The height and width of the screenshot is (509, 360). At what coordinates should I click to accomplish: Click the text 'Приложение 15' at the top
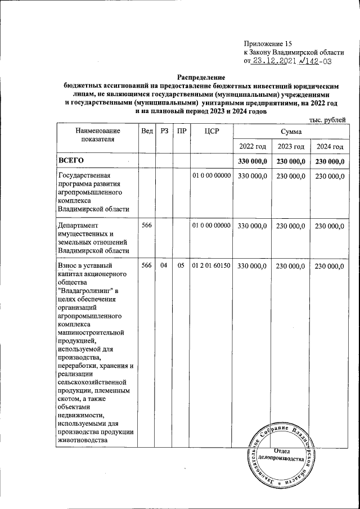[268, 43]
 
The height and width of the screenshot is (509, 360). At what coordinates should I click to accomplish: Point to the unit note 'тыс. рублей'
[328, 119]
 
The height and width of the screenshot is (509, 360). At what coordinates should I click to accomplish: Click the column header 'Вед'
[147, 131]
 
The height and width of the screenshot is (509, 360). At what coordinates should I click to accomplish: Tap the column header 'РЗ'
[164, 131]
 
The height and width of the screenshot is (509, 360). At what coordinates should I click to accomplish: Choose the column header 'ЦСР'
[211, 131]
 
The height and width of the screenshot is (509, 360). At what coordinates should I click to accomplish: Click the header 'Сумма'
[291, 131]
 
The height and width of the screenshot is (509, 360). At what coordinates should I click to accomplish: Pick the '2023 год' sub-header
[291, 146]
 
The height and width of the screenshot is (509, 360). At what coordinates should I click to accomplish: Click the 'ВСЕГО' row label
[71, 161]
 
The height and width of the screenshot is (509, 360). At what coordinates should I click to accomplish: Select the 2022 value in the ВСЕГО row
[251, 161]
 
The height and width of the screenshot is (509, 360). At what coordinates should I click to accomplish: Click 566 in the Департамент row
[147, 226]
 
